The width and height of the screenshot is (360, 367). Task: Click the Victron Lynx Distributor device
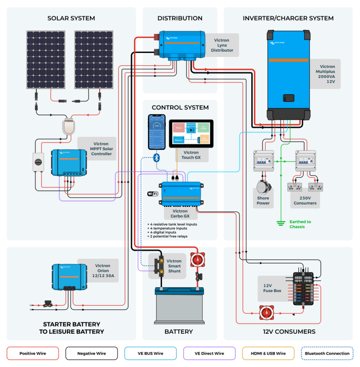[182, 44]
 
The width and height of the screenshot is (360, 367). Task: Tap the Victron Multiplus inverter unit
[288, 75]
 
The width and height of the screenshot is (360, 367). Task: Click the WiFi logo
[153, 194]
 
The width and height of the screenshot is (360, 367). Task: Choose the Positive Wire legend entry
[33, 353]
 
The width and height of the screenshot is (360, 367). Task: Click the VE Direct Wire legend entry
[209, 353]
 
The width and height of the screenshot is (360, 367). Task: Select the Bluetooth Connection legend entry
[327, 353]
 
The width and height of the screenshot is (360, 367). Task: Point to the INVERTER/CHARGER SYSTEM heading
[288, 18]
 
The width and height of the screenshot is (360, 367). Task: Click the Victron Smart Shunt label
[174, 266]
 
